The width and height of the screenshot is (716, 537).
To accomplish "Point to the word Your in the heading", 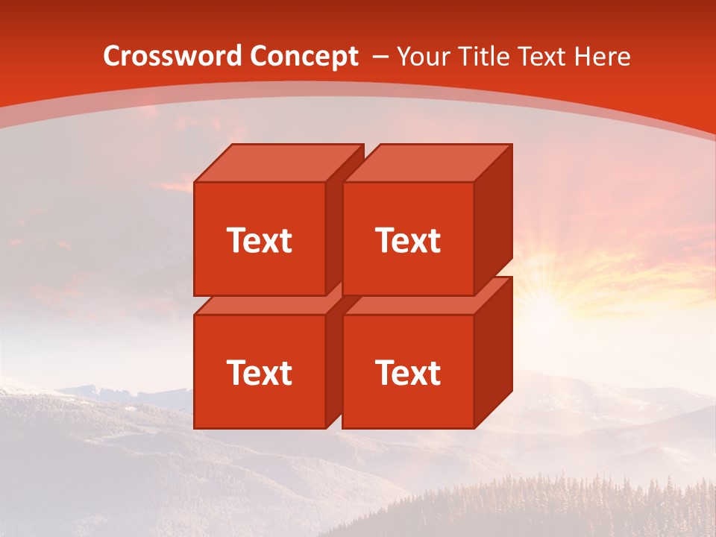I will [x=423, y=56].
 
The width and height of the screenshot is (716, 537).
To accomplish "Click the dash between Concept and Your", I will [x=379, y=56].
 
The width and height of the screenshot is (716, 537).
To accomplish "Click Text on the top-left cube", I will [x=259, y=240].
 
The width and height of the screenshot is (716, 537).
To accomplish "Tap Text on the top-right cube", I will [x=407, y=240].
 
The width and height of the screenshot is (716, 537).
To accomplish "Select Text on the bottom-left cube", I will [x=259, y=372].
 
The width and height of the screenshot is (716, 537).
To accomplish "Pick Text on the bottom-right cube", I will [x=407, y=372].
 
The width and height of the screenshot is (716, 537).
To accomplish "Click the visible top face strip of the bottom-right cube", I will [x=418, y=304].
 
